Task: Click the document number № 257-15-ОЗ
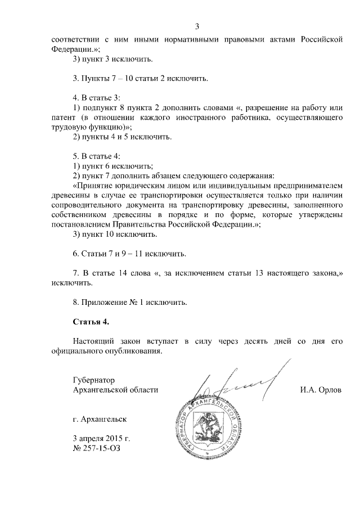97,448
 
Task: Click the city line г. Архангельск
100,419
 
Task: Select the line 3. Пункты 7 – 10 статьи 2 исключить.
141,78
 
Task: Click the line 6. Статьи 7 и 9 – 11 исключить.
129,254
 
